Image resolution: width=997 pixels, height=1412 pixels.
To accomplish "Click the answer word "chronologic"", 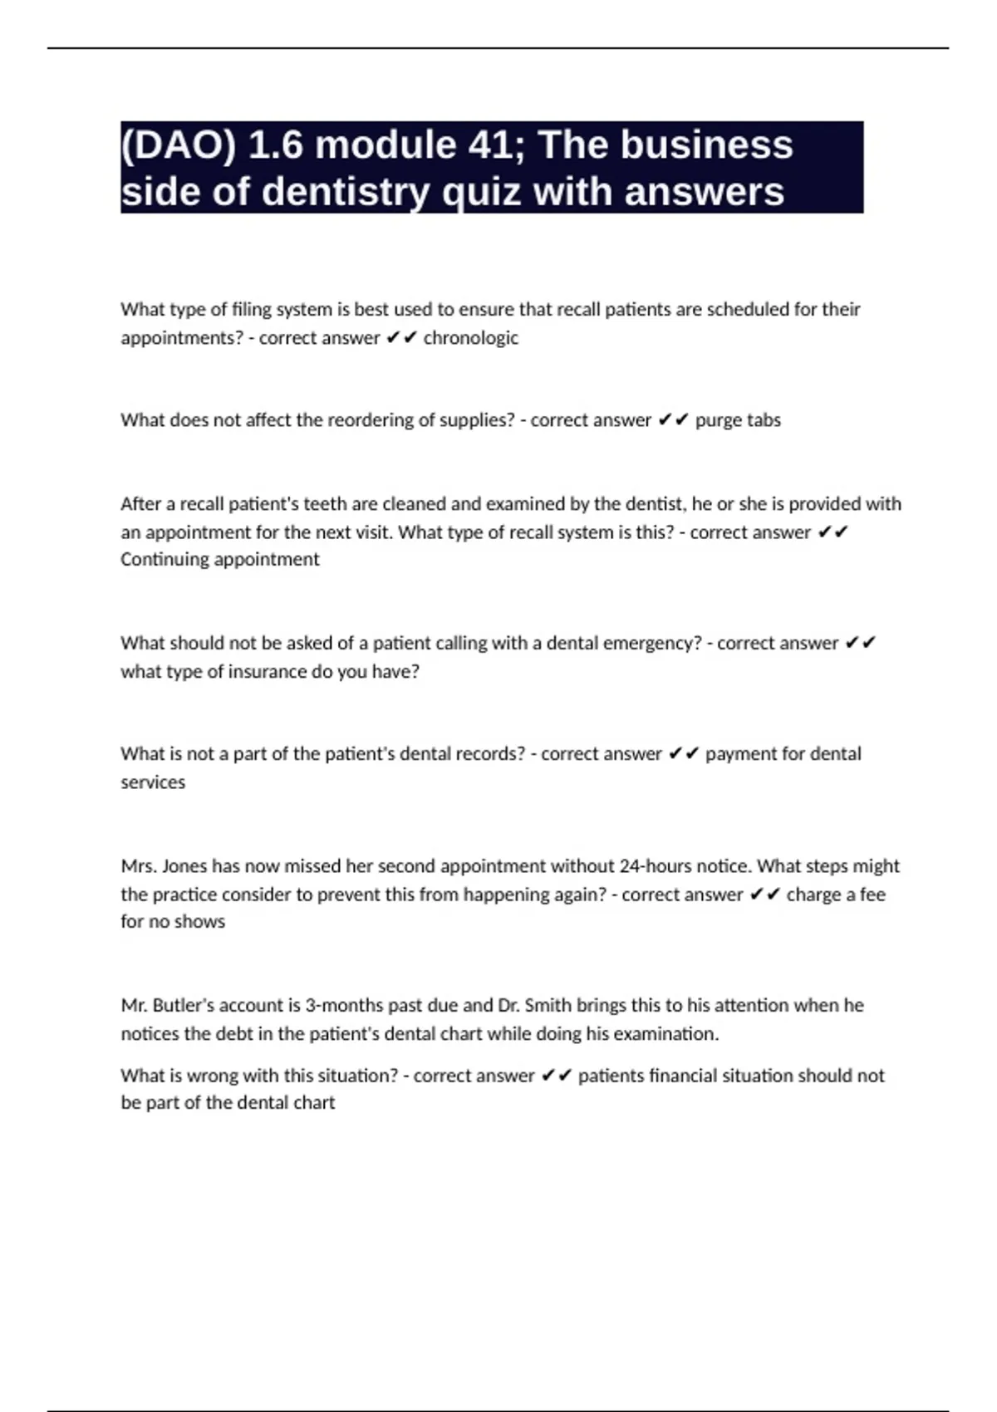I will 470,338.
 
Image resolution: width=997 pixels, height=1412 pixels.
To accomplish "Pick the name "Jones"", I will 184,865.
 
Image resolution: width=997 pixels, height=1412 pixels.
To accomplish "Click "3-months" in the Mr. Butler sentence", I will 344,1005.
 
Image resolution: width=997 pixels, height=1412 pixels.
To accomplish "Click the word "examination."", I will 670,1033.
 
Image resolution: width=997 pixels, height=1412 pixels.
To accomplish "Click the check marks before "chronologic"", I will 402,338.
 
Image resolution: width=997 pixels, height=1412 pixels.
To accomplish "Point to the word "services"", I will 153,782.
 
